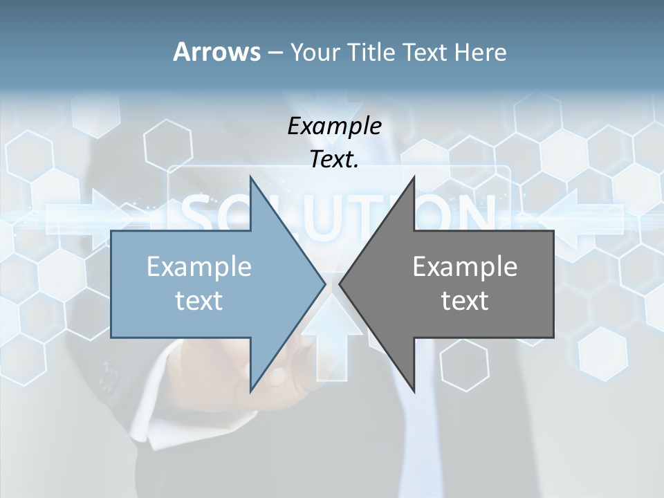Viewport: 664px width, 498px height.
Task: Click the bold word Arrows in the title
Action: [216, 52]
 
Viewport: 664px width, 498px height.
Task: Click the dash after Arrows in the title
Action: [275, 53]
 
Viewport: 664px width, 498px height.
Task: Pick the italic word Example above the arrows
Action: [334, 126]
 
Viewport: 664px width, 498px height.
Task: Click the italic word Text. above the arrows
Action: [334, 159]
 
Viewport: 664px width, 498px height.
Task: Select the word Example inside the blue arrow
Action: [199, 266]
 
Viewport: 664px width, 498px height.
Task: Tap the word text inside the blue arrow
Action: [199, 301]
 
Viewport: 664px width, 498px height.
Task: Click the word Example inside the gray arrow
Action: [465, 266]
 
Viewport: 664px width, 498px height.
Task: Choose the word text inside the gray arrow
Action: [465, 301]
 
